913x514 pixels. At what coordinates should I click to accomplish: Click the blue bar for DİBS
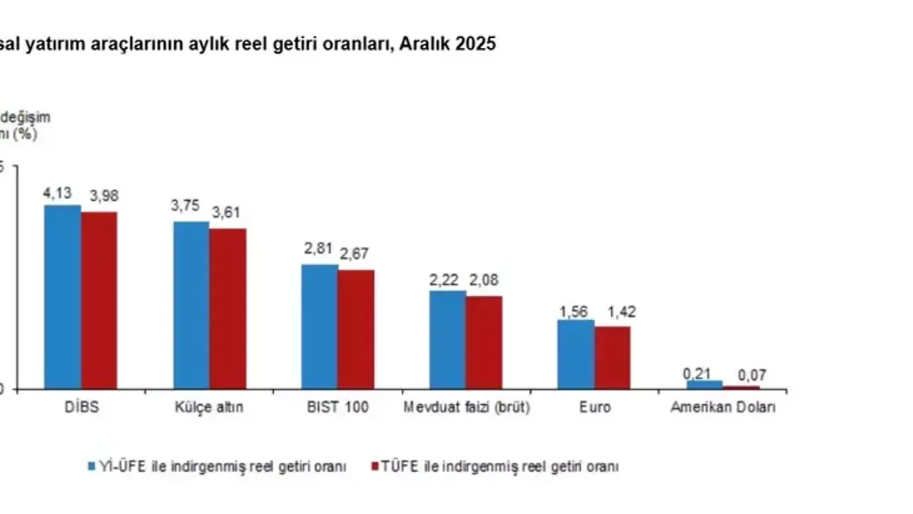tap(62, 297)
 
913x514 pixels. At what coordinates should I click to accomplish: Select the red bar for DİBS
tap(98, 300)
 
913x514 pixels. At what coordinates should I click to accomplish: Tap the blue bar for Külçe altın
tap(191, 306)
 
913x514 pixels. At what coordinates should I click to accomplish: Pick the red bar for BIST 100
tap(356, 329)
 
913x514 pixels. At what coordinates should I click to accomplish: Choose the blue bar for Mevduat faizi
tap(447, 340)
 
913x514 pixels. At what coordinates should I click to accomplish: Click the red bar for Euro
tap(613, 358)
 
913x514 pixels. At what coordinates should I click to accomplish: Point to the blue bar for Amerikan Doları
tap(705, 385)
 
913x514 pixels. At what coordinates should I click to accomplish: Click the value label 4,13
tap(58, 193)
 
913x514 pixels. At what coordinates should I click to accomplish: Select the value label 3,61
tap(228, 212)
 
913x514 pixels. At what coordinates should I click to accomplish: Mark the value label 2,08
tap(483, 280)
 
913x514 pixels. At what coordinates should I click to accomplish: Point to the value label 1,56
tap(575, 311)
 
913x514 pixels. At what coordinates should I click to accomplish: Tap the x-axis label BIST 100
tap(337, 408)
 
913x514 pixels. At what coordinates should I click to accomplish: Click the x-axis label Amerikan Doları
tap(723, 408)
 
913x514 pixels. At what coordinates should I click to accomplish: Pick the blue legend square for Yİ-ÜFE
tap(92, 467)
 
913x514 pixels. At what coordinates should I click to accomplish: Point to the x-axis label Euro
tap(594, 408)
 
